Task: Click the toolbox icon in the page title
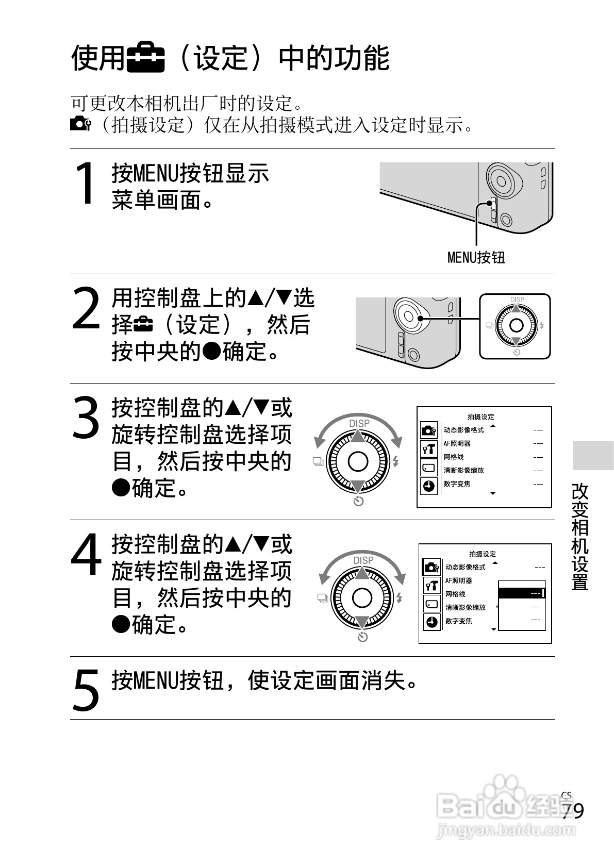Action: pos(146,59)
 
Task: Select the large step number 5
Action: pos(86,690)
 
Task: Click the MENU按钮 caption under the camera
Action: pos(476,258)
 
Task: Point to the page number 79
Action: pos(573,811)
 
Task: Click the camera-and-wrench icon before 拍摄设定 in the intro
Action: pos(81,124)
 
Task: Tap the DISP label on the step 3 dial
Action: pos(359,424)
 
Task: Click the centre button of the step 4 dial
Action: pos(362,598)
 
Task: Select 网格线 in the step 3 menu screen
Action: pos(453,457)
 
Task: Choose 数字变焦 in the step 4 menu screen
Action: pos(459,621)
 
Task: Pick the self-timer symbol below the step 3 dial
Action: pos(359,502)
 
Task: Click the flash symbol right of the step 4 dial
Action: pos(400,598)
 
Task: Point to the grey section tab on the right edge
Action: pos(593,456)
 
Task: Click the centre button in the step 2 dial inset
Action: pos(516,326)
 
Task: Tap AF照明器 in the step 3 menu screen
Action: pos(457,444)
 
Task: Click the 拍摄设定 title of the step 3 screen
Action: pos(481,417)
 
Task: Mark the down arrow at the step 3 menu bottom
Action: pos(493,493)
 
